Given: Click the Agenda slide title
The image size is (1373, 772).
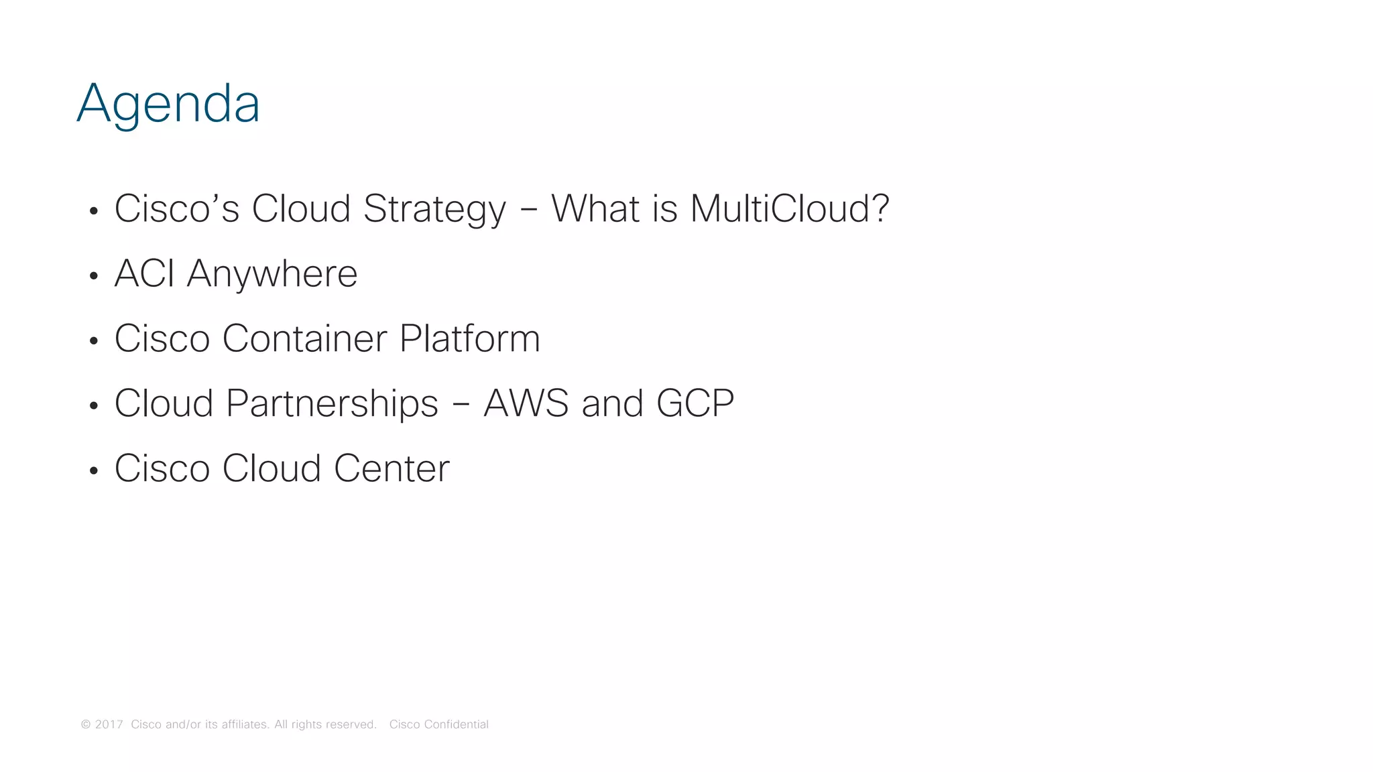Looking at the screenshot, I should [x=168, y=104].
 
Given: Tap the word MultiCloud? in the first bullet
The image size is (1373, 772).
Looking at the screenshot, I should [x=789, y=208].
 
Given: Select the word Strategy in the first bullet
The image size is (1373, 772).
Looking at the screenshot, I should [x=434, y=208].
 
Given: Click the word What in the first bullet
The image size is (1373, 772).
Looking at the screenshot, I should [x=595, y=208].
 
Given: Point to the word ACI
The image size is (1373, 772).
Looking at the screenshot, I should [x=144, y=273].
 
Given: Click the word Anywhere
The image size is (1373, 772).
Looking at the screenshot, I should [x=272, y=273].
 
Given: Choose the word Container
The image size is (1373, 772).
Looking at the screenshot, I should [x=304, y=338].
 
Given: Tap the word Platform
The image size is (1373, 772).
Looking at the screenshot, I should [x=469, y=338].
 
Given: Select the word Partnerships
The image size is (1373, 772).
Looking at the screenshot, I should [x=332, y=403].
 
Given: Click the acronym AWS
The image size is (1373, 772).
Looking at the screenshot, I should [x=526, y=403].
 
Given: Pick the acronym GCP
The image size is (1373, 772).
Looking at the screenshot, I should [x=695, y=403].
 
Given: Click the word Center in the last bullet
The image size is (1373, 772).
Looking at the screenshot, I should [x=392, y=468].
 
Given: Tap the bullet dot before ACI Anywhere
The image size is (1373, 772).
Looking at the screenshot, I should [x=94, y=276].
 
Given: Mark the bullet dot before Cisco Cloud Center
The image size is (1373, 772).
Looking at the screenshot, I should [x=94, y=471].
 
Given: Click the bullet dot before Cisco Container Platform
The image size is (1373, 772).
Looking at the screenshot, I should [x=94, y=341].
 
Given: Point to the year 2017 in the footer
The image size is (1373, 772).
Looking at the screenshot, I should [x=109, y=724].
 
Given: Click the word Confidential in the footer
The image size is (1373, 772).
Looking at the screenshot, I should [x=456, y=724].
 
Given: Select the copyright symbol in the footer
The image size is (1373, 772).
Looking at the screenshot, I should [x=86, y=724].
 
